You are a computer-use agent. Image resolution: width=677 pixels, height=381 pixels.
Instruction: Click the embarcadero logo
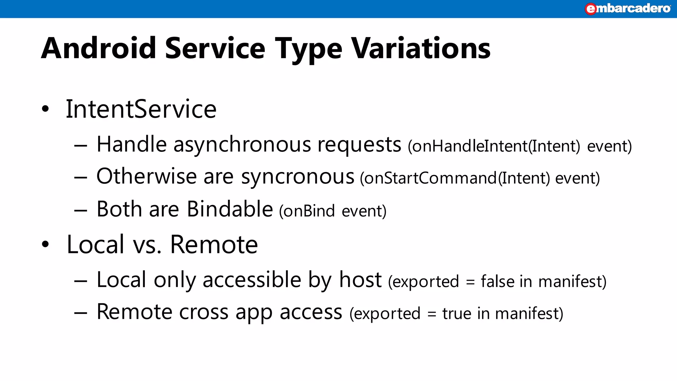click(x=627, y=9)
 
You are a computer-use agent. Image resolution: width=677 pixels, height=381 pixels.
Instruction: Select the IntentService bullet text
click(x=141, y=109)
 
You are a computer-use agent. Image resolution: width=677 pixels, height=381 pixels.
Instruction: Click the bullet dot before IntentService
click(x=45, y=109)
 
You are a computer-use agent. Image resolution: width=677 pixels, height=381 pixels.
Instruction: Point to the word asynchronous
click(x=242, y=145)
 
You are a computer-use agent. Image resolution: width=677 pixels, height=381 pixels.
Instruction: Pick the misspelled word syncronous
click(x=298, y=177)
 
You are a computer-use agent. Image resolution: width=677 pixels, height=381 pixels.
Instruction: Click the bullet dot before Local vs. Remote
click(x=45, y=245)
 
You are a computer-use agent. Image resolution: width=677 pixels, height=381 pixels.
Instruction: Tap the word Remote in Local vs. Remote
click(x=214, y=245)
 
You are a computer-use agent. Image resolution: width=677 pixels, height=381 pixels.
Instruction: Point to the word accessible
click(x=252, y=280)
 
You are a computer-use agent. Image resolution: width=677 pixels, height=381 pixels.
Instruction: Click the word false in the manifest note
click(x=498, y=281)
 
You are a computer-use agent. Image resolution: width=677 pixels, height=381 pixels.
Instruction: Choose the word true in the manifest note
click(x=457, y=314)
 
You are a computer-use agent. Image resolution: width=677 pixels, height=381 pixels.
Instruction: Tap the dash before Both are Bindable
click(x=81, y=211)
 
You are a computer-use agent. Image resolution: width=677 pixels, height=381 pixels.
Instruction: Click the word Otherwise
click(x=146, y=176)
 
